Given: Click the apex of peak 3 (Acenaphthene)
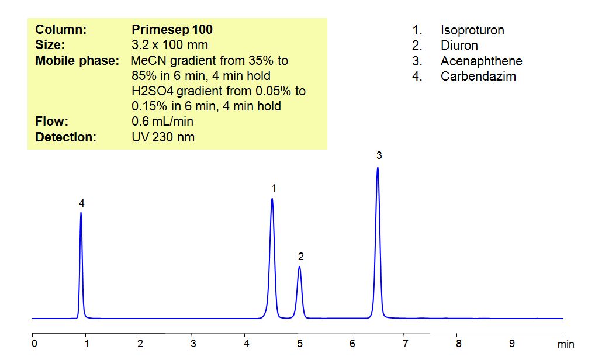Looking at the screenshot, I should click(378, 168).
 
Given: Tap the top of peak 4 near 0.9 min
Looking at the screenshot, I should click(81, 212).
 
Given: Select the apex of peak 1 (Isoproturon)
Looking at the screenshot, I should click(272, 199).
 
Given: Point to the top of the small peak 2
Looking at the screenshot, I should click(299, 267).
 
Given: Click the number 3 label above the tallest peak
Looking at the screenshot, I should click(379, 155).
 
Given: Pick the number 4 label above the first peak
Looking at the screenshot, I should click(82, 203).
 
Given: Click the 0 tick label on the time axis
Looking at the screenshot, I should click(34, 343).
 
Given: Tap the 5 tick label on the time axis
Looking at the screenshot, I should click(299, 343).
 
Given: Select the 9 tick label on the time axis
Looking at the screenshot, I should click(511, 343).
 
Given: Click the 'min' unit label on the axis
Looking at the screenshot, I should click(565, 344).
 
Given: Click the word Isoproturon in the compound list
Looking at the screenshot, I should click(472, 30).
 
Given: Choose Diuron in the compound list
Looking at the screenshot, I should click(459, 46).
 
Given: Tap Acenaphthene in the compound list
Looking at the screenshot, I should click(482, 61).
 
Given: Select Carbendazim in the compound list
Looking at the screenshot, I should click(478, 76).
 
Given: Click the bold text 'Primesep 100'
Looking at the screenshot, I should click(172, 30).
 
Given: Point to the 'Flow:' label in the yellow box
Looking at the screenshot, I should click(52, 122).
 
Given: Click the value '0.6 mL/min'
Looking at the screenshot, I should click(162, 122).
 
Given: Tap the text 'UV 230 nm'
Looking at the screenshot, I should click(163, 137).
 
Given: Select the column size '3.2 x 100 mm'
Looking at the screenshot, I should click(170, 45).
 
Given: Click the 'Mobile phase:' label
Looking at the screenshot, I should click(77, 61).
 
